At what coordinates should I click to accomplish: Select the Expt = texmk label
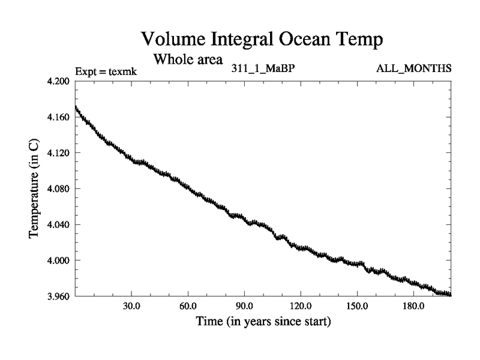[x=106, y=71]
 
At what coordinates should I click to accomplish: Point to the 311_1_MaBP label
[x=263, y=68]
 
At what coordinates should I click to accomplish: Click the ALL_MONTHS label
[x=413, y=68]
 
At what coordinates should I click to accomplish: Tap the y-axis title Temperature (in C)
[x=34, y=189]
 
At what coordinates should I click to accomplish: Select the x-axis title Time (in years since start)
[x=263, y=322]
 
